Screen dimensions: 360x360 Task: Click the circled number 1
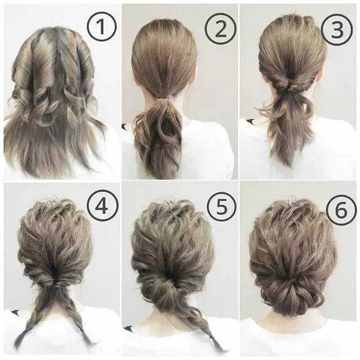[x=102, y=26]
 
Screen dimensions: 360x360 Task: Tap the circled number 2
[x=220, y=29]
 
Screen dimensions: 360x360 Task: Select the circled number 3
[x=337, y=30]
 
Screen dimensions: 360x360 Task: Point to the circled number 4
[x=102, y=205]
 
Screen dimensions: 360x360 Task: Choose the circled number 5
[x=221, y=206]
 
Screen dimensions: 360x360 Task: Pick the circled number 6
[x=341, y=210]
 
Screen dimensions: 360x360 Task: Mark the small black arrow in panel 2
[x=124, y=126]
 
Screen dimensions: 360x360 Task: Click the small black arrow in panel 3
[x=250, y=121]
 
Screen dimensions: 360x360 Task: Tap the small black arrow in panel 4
[x=15, y=313]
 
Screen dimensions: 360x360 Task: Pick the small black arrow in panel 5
[x=128, y=328]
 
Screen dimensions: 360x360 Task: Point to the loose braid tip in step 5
[x=219, y=347]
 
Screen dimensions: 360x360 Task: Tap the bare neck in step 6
[x=292, y=324]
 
